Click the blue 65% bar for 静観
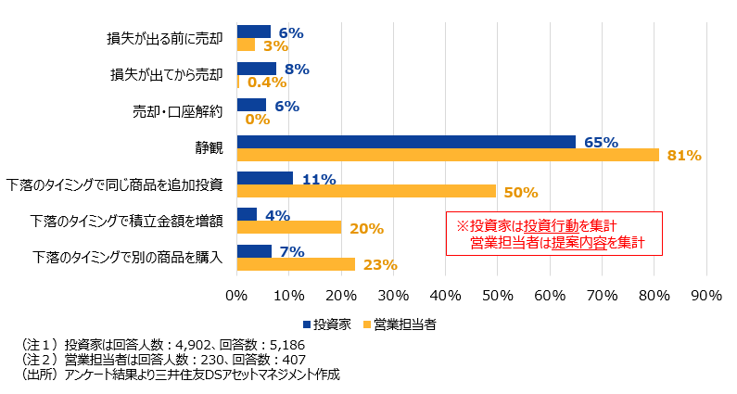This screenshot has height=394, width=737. pos(406,142)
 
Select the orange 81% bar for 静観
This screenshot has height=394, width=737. pos(448,155)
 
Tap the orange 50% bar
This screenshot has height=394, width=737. pos(367,191)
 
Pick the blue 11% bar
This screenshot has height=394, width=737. pos(265,178)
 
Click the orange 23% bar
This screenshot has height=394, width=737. pos(297,264)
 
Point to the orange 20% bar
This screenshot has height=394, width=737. pos(289,227)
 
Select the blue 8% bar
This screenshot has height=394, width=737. pos(257,69)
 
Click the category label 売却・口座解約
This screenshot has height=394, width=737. pos(180,112)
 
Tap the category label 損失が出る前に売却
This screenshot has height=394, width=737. pos(166,39)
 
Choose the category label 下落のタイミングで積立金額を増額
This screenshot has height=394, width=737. pos(127,222)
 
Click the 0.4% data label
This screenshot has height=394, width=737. pos(264,83)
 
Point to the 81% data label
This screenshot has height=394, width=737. pos(683,156)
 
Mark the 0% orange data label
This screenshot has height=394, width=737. pos(257,119)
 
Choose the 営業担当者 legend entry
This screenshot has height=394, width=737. pos(405,324)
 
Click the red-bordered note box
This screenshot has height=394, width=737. pos(554,235)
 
